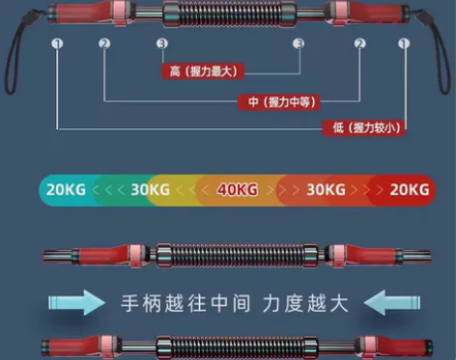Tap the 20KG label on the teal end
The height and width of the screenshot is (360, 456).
pyautogui.click(x=66, y=190)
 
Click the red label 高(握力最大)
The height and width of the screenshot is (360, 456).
pyautogui.click(x=202, y=70)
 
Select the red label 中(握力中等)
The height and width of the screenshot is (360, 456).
pyautogui.click(x=279, y=101)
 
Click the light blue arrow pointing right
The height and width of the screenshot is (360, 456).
pyautogui.click(x=73, y=303)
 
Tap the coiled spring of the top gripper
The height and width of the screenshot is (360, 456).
pyautogui.click(x=229, y=14)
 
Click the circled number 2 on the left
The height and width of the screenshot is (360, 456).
pyautogui.click(x=103, y=44)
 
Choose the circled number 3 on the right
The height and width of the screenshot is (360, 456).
pyautogui.click(x=299, y=44)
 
